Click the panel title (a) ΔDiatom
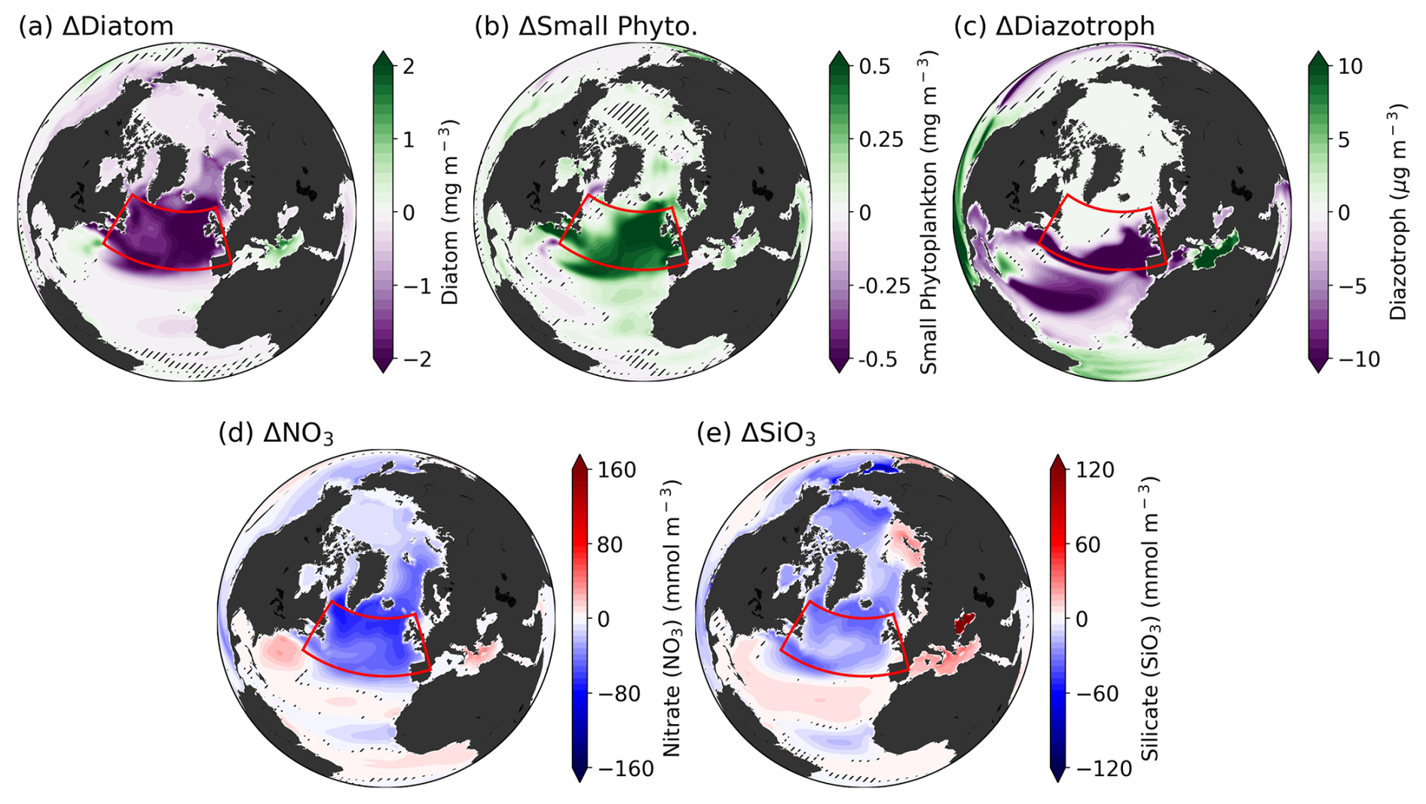[96, 26]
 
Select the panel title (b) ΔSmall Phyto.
[586, 26]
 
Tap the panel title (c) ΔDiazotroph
[1054, 26]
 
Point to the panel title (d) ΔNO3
[276, 434]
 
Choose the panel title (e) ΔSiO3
[756, 434]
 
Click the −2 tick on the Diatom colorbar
[418, 359]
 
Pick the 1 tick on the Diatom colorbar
[410, 139]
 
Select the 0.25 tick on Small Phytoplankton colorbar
[881, 139]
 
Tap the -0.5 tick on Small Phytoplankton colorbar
[878, 359]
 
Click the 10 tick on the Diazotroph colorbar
[1350, 66]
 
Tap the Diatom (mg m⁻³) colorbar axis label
[450, 212]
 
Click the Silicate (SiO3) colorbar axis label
[1150, 619]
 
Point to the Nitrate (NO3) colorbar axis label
[672, 619]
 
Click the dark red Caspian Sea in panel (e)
[964, 622]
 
